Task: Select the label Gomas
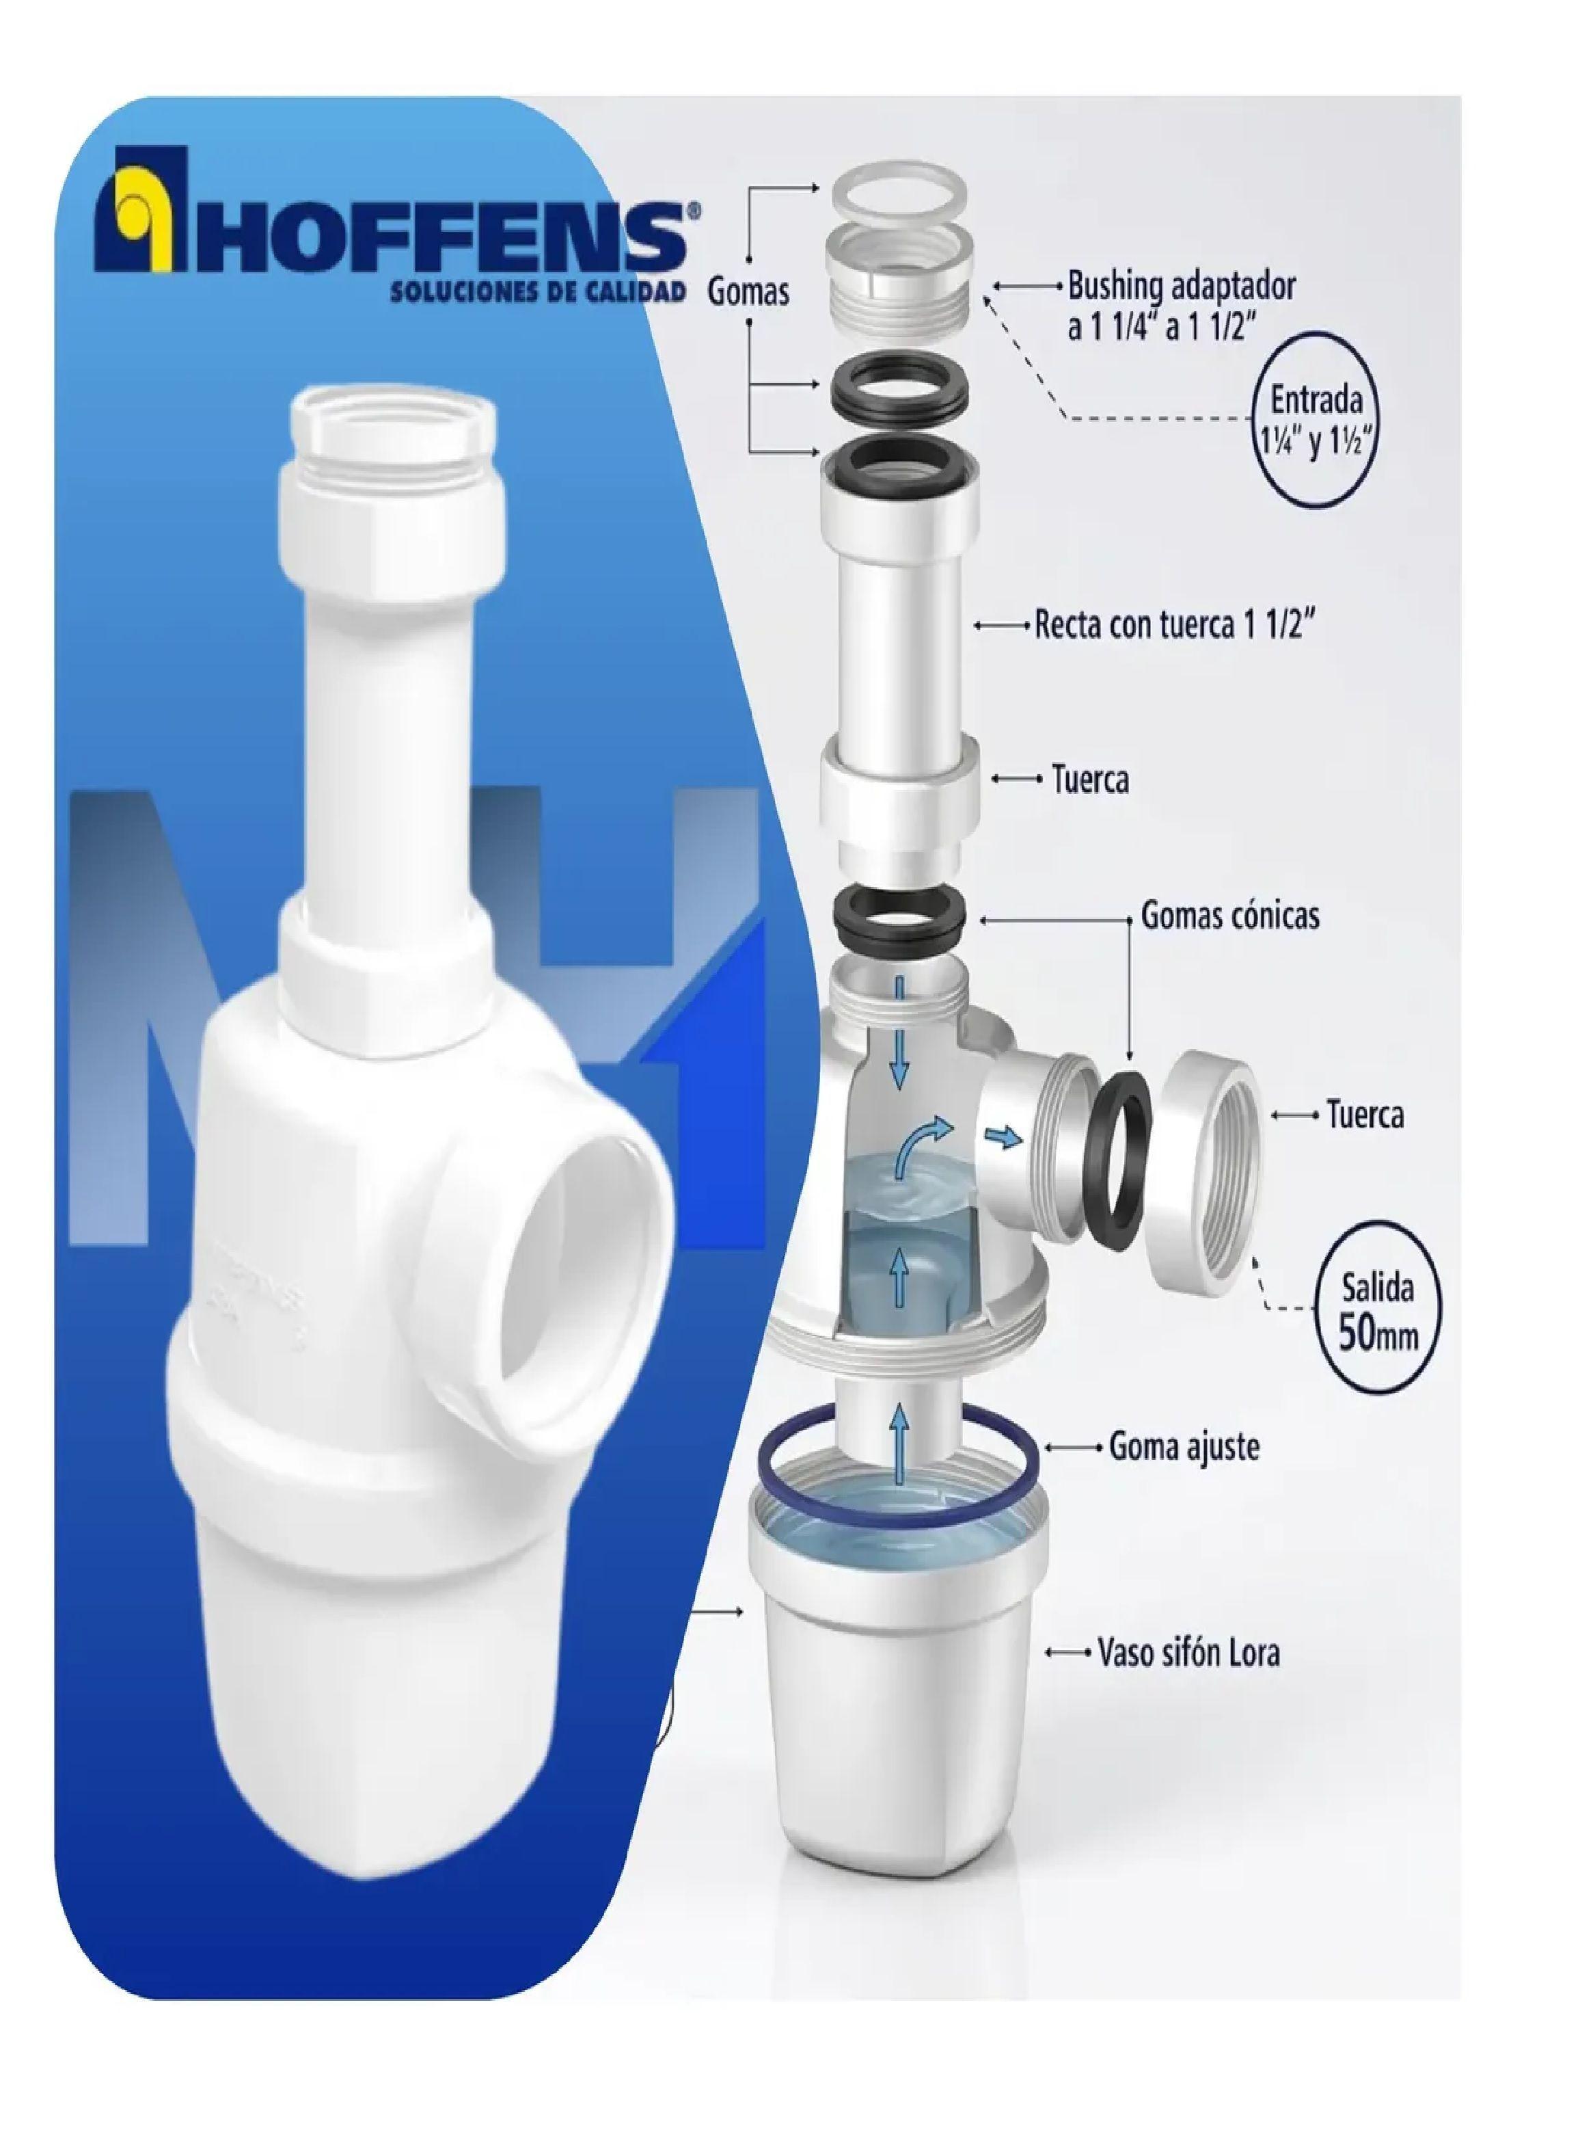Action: (x=748, y=291)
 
